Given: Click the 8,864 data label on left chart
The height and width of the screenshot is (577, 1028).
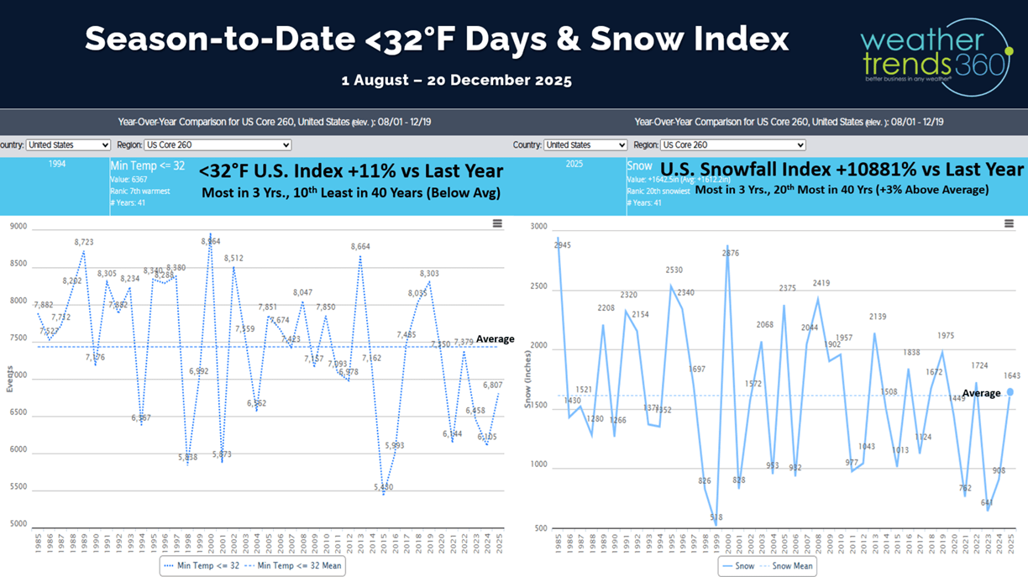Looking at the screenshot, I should (210, 241).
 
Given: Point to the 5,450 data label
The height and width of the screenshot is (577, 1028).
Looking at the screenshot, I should (383, 486).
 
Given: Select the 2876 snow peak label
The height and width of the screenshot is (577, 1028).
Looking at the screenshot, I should (731, 253).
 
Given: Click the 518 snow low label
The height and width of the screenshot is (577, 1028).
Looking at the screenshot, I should (716, 517).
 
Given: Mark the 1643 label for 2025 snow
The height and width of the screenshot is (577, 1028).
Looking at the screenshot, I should (1011, 375).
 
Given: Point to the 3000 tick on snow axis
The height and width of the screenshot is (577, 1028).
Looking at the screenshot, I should (538, 226).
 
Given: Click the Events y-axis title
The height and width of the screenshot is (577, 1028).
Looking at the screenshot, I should (10, 379).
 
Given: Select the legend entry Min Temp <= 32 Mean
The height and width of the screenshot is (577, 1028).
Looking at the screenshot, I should (294, 566).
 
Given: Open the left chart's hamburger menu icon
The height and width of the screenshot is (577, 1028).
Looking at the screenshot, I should (497, 223).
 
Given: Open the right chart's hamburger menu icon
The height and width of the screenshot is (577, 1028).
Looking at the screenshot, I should (1009, 223).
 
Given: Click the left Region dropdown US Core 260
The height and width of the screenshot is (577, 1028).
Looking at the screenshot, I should (218, 144).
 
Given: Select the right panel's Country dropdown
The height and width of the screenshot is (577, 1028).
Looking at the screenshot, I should (585, 144).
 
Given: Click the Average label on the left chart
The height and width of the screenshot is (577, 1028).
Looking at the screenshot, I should (495, 339).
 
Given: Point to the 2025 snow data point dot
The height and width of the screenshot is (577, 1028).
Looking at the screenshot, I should (1010, 391).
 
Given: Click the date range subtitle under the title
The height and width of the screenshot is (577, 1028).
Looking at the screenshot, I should (457, 81).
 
